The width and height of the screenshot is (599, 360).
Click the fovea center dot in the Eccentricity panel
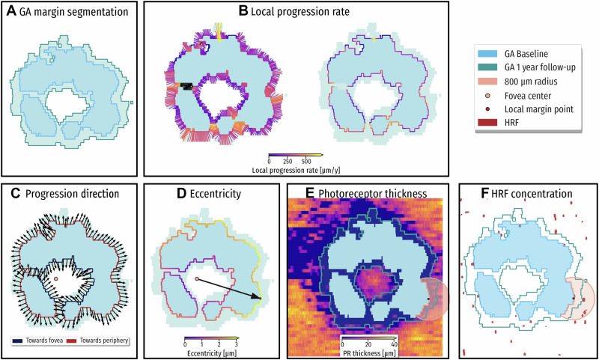point(197,278)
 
